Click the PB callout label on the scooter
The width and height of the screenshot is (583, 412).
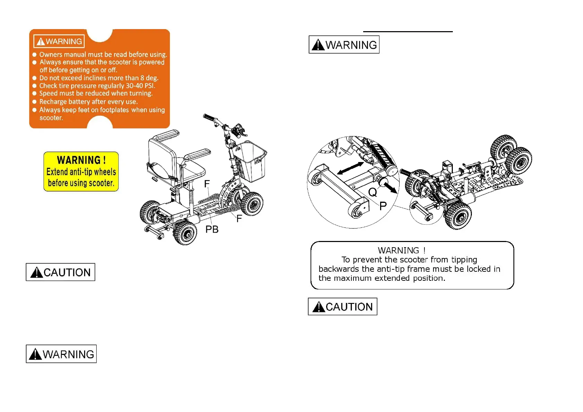click(212, 229)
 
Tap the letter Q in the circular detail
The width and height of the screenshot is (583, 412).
click(373, 192)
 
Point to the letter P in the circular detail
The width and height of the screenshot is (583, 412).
click(383, 206)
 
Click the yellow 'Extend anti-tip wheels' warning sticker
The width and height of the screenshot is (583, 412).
click(81, 171)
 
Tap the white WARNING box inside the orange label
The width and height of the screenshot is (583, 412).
click(59, 42)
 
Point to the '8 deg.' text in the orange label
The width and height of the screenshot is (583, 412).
click(149, 78)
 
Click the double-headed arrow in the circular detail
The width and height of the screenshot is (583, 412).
click(350, 168)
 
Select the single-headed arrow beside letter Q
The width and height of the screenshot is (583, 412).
click(391, 188)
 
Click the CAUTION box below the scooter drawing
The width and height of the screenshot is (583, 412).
click(61, 272)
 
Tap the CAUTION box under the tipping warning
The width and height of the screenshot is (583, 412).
click(342, 306)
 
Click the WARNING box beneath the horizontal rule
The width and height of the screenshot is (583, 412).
click(344, 45)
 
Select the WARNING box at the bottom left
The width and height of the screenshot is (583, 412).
click(61, 354)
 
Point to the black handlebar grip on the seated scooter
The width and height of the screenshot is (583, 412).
click(209, 117)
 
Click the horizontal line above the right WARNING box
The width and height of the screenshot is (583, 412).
click(408, 32)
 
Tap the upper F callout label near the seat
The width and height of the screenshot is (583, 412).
click(207, 183)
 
